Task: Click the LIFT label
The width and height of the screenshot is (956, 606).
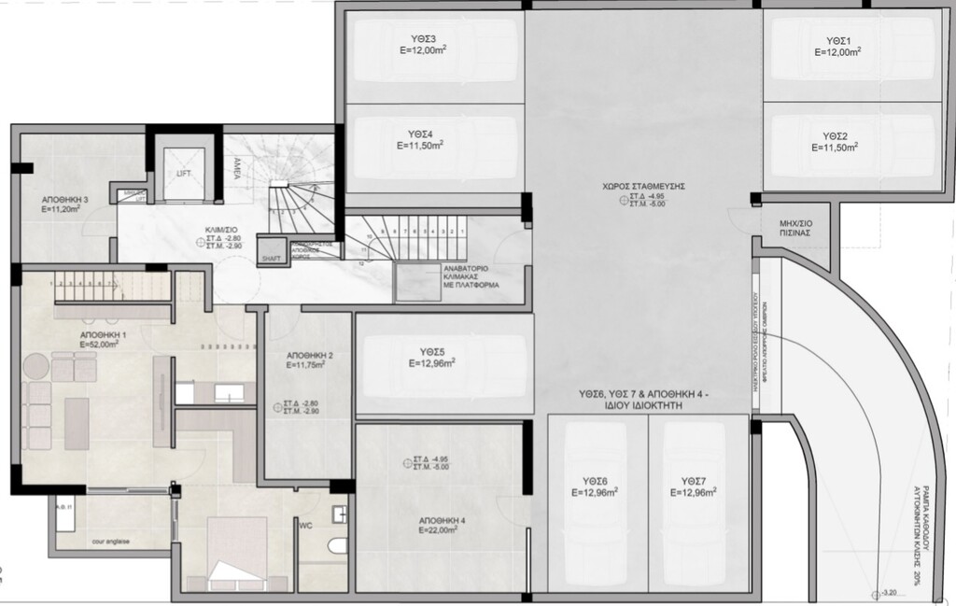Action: [x=184, y=174]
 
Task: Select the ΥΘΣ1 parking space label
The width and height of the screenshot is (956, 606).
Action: [x=837, y=40]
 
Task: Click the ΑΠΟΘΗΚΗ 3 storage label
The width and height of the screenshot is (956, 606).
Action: [x=64, y=200]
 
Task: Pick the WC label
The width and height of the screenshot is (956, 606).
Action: [x=305, y=525]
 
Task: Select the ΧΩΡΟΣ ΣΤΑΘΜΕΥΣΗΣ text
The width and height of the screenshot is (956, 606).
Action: [x=644, y=186]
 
